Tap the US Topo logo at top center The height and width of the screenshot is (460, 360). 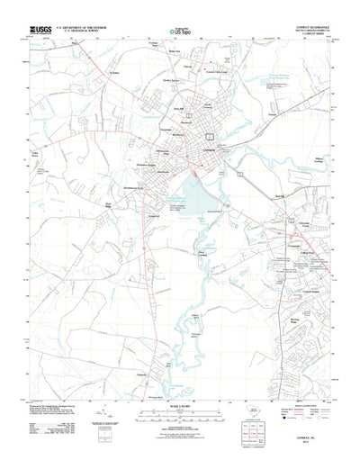(x=181, y=32)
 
